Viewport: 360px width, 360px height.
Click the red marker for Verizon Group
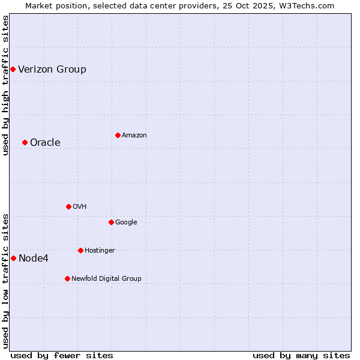[13, 69]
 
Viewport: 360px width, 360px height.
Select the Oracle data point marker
[25, 142]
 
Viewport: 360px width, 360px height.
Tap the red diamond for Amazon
[118, 135]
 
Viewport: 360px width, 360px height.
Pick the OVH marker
[68, 206]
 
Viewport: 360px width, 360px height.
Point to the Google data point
[111, 222]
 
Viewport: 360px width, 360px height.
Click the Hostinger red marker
[80, 250]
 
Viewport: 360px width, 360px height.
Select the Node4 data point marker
[13, 258]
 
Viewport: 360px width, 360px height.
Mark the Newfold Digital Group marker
[67, 278]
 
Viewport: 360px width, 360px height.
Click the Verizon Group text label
[52, 69]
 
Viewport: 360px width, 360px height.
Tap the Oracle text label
[45, 142]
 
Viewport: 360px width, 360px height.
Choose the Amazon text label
[134, 135]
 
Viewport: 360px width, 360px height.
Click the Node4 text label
[34, 258]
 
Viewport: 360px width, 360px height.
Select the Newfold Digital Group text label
[106, 278]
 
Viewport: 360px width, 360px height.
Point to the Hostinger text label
[100, 250]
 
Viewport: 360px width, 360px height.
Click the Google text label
[126, 222]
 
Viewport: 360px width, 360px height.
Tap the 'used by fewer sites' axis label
[62, 355]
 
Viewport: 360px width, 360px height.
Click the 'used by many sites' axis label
[301, 355]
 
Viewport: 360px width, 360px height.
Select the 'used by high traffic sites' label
[5, 85]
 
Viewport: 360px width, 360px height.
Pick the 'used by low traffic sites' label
[5, 281]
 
